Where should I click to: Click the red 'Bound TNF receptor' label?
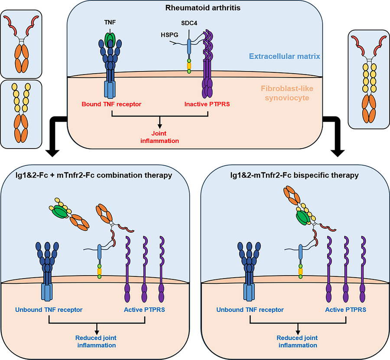112,104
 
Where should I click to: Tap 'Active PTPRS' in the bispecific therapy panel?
345,310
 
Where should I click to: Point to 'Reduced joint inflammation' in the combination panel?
96,341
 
